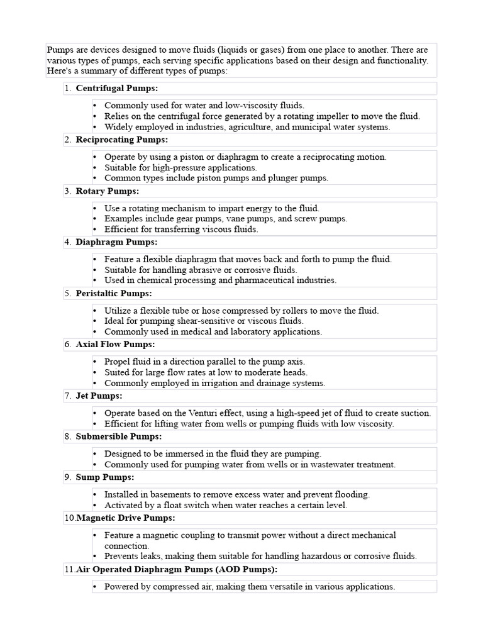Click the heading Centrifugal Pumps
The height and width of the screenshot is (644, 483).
117,88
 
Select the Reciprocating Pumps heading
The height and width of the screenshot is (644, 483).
122,140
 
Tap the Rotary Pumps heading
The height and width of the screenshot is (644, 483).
108,191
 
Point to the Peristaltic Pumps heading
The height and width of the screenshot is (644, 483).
114,293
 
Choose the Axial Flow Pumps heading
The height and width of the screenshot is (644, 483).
115,344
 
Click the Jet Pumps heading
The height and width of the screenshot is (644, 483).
99,396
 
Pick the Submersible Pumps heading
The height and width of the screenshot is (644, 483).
119,436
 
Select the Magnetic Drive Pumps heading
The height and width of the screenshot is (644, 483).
126,518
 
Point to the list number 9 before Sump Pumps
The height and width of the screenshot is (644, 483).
67,477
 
